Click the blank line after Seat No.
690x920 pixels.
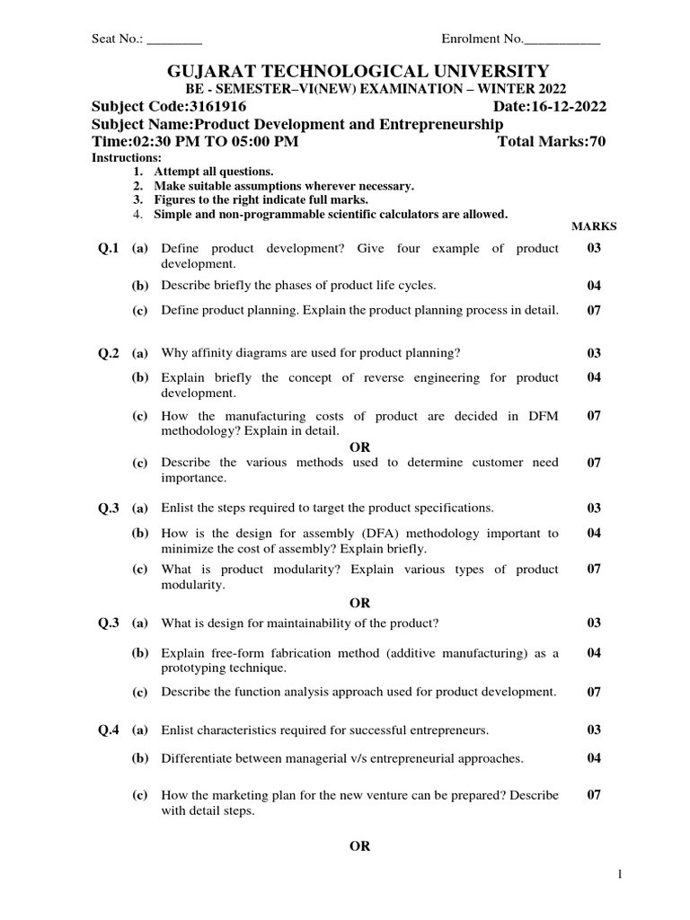(174, 40)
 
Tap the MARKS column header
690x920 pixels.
(594, 227)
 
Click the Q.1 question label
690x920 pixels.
(108, 249)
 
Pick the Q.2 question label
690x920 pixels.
(108, 353)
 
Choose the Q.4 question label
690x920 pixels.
(108, 730)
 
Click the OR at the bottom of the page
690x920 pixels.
(359, 846)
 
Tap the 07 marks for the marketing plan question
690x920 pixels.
(594, 795)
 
